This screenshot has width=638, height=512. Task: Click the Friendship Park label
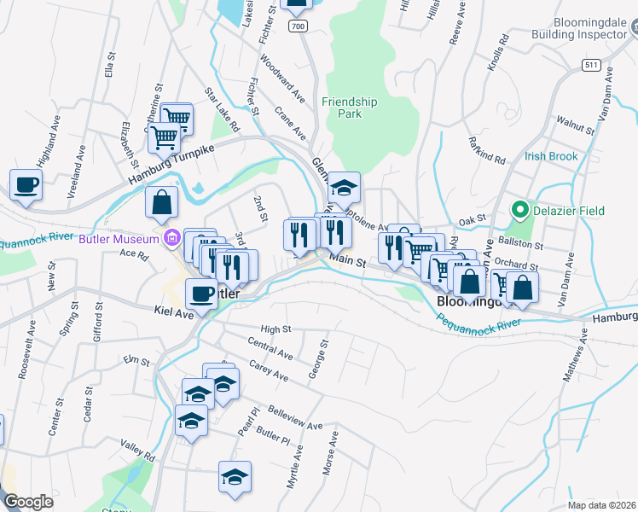pos(350,108)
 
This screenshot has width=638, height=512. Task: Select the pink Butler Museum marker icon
pos(171,239)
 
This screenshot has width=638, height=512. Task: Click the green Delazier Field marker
pos(517,209)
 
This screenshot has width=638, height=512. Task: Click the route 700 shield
pos(297,26)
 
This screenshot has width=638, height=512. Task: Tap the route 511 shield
pos(591,65)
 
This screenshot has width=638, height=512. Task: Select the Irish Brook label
pos(551,156)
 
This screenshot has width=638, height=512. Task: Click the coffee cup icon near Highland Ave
pos(26,184)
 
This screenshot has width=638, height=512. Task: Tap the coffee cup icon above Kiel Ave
pos(201,294)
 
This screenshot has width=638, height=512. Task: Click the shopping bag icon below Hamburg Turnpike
pos(162,203)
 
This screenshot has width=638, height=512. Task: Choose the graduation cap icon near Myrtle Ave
pos(235,476)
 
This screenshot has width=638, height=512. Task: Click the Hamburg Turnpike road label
pos(171,162)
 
